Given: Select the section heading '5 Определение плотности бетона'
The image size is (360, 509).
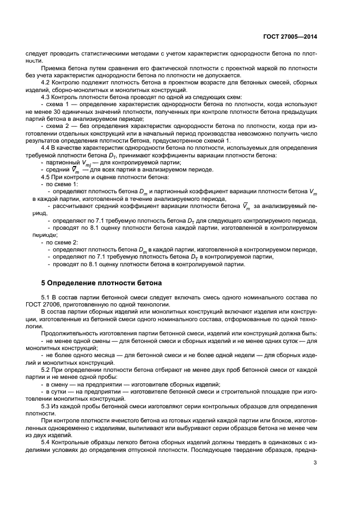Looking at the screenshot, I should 101,283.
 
